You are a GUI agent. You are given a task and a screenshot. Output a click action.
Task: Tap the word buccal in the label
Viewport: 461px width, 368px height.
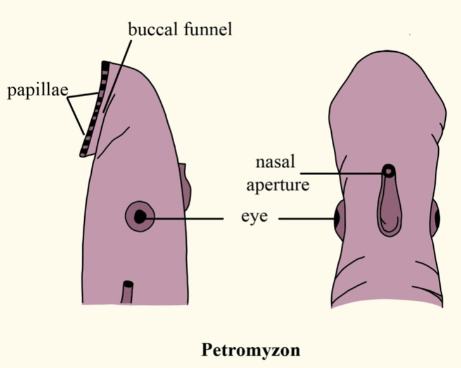[149, 30]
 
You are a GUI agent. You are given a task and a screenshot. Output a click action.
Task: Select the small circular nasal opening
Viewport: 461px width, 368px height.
[389, 171]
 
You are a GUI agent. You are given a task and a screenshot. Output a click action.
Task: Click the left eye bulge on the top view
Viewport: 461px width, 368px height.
[338, 219]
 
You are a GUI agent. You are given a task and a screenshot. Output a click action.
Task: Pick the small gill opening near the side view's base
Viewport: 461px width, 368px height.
[129, 292]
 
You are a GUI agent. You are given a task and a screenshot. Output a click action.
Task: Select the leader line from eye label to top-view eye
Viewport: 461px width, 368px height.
[307, 219]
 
